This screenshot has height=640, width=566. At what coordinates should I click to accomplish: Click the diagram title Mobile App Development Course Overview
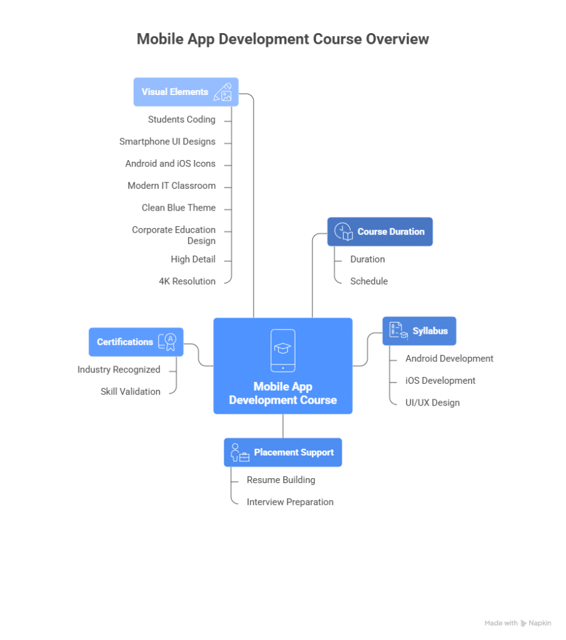(x=282, y=39)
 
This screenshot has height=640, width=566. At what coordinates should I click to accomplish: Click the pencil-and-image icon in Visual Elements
(x=223, y=92)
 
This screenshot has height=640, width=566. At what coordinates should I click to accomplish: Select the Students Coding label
(x=182, y=119)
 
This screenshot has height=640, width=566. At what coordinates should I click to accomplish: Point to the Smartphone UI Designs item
(x=167, y=142)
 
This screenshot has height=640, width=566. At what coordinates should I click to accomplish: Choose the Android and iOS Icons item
(x=171, y=164)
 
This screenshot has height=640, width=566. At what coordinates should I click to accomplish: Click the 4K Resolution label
(x=187, y=281)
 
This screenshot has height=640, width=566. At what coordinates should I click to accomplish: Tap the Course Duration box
(x=380, y=232)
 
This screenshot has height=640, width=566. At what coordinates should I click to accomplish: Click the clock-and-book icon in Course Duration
(x=344, y=231)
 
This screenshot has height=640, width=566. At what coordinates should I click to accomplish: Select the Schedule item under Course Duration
(x=369, y=281)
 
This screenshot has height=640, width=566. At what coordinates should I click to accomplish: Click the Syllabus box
(x=419, y=331)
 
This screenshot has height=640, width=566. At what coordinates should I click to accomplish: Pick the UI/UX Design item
(x=432, y=402)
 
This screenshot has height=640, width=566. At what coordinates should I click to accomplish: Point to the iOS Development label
(x=440, y=381)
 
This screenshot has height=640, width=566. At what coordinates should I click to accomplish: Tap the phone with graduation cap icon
(x=283, y=350)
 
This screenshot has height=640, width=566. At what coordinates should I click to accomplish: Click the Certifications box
(x=136, y=342)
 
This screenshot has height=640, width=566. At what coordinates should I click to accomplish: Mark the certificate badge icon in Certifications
(x=167, y=341)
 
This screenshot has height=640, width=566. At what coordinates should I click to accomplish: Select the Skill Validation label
(x=131, y=392)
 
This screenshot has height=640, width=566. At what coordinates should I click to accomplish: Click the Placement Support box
(x=283, y=452)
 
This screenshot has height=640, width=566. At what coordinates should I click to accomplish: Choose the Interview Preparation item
(x=290, y=502)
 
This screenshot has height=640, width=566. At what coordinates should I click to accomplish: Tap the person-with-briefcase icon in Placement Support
(x=239, y=452)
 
